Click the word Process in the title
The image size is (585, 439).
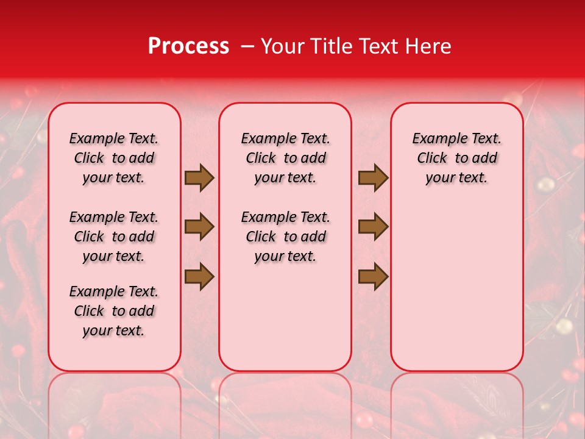point(188,46)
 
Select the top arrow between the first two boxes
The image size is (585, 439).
point(199,178)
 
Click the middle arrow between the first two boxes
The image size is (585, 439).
point(199,227)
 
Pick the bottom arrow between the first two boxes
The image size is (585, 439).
point(199,277)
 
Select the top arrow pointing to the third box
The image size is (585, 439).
point(373,178)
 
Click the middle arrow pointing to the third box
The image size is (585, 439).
point(373,227)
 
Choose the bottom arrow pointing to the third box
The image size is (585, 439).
point(373,277)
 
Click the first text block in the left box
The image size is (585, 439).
point(114,158)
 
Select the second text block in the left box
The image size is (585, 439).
point(114,237)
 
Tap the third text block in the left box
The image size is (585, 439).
point(114,311)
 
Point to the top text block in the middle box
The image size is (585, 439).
point(285,158)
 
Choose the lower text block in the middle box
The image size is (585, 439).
point(285,237)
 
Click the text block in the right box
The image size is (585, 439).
point(456,158)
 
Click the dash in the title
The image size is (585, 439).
point(247,46)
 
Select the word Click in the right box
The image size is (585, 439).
point(432,159)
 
